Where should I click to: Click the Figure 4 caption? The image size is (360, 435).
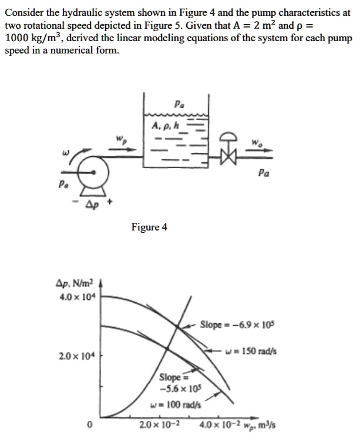(149, 227)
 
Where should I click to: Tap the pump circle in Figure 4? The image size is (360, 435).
(95, 170)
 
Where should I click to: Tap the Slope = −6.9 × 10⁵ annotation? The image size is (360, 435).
(238, 324)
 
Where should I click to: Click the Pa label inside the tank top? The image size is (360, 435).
(179, 104)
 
